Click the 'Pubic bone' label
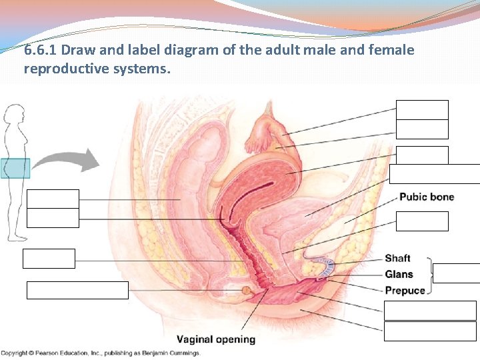coord(427,197)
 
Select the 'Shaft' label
coord(397,258)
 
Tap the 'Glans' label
coord(399,274)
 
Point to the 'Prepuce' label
coord(404,290)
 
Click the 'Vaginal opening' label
coord(216,339)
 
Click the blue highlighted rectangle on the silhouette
coord(15,167)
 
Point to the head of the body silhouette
coord(13,117)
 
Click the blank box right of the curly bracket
coord(457,273)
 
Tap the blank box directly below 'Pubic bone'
coord(422,221)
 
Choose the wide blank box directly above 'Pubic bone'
coord(434,173)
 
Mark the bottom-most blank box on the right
coord(430,331)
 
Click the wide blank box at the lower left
coord(77,290)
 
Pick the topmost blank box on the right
coord(422,110)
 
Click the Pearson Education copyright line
coord(99,353)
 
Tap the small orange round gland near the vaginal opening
coord(247,291)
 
